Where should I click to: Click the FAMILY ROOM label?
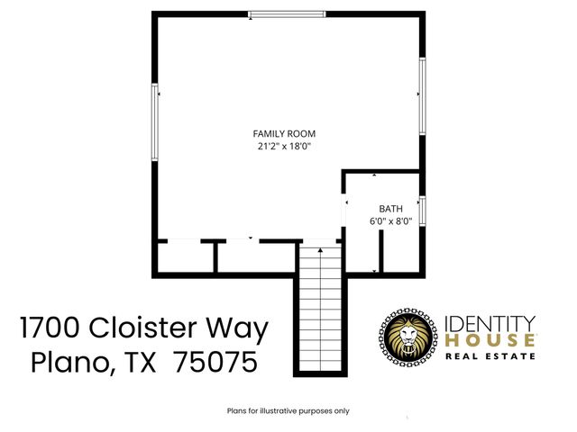point(284,133)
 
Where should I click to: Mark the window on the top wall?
point(288,13)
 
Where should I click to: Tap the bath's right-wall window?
point(421,210)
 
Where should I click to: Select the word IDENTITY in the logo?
point(491,322)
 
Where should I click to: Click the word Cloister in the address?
point(152,328)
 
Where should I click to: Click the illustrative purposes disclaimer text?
point(288,410)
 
